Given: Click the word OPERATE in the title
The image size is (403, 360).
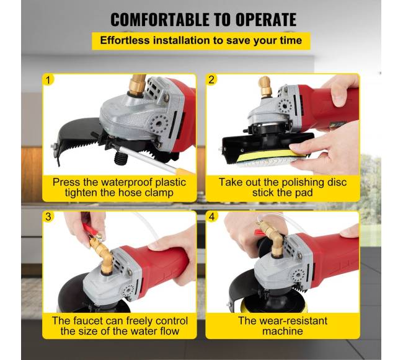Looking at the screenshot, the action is coord(266,19).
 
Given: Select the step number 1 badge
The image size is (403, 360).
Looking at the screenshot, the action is coord(48,80).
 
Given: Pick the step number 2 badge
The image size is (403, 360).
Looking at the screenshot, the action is coord(211,79).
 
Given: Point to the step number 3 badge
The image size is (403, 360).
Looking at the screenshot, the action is coord(48,216).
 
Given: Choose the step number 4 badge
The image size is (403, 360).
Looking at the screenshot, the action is coord(211,216).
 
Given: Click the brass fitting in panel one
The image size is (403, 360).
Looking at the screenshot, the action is coord(137,85).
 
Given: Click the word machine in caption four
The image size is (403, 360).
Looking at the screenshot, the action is coord(283,331).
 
